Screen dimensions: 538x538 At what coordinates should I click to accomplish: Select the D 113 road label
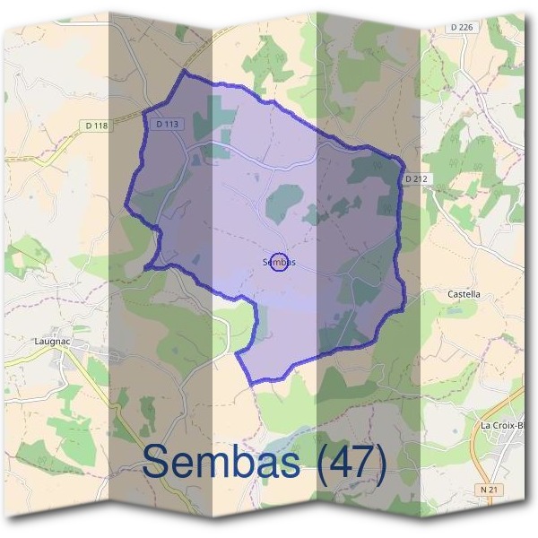tap(168, 125)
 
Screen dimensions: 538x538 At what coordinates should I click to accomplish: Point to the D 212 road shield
tap(414, 179)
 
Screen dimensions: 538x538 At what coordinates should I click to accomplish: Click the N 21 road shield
tap(488, 490)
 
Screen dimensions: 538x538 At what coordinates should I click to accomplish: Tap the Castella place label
tap(464, 294)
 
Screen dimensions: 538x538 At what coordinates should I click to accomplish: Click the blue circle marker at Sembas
tap(279, 262)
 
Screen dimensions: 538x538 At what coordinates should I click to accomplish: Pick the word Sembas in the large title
tap(225, 463)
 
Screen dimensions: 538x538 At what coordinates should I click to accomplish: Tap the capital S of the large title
tap(157, 463)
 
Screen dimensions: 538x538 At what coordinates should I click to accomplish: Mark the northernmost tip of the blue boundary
tap(186, 70)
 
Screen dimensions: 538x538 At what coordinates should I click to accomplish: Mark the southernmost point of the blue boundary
tap(253, 384)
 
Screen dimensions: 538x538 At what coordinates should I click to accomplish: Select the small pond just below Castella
tap(458, 312)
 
